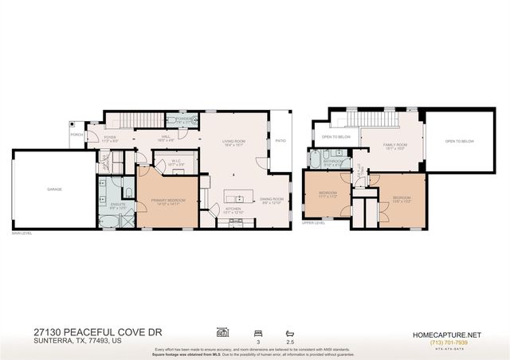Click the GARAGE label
(x=54, y=189)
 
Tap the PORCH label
(x=76, y=135)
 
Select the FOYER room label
(x=110, y=138)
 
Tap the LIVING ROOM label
(x=233, y=143)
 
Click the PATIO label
(x=280, y=141)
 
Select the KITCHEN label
(x=232, y=210)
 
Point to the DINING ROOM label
(x=273, y=202)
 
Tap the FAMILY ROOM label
(x=373, y=146)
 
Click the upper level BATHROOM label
(x=332, y=162)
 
